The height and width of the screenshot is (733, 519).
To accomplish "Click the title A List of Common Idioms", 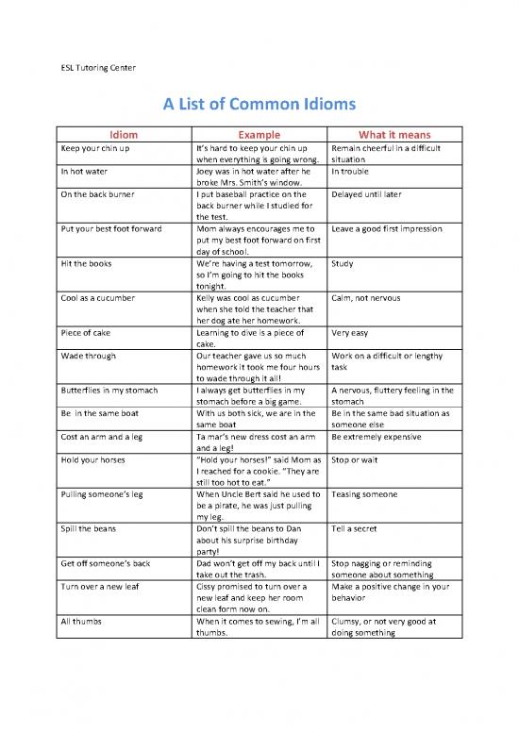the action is coord(259,104).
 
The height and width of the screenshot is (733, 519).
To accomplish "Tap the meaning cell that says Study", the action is coord(342,264).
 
